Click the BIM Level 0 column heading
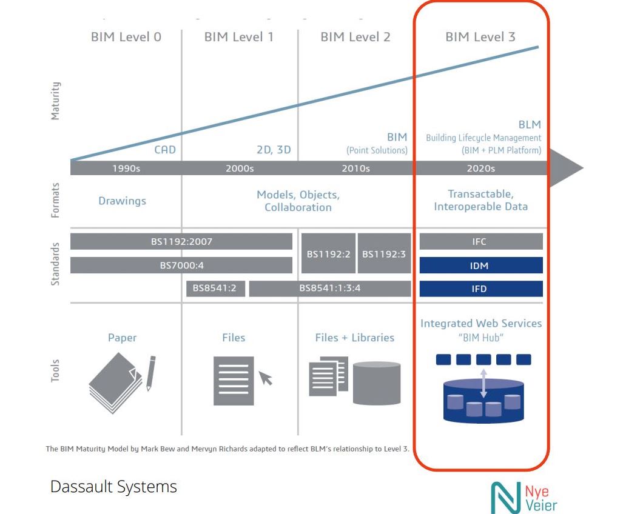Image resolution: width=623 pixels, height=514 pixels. coord(126,37)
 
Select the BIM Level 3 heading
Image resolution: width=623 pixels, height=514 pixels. coord(480,37)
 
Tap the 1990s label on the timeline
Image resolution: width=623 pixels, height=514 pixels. coord(126,169)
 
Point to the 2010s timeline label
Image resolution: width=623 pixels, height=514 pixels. coord(355,169)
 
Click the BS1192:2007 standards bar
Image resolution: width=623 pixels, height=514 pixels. coord(181,241)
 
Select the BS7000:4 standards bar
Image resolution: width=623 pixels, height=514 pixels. coord(181,265)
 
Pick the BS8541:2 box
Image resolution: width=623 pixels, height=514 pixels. coord(215,289)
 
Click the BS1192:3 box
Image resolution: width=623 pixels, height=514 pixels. coord(384,253)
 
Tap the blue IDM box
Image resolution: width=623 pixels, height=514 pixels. coord(480,265)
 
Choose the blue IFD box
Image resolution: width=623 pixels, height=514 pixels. coord(480,289)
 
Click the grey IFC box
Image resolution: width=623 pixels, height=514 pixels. coord(480,241)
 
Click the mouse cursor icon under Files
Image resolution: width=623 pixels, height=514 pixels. coord(266,379)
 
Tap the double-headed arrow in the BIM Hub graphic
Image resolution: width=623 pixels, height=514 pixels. coord(483,385)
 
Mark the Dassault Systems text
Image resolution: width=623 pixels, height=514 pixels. coord(114,487)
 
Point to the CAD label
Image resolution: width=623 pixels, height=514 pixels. coord(164,150)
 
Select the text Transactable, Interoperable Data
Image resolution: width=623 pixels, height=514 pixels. coord(480,200)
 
